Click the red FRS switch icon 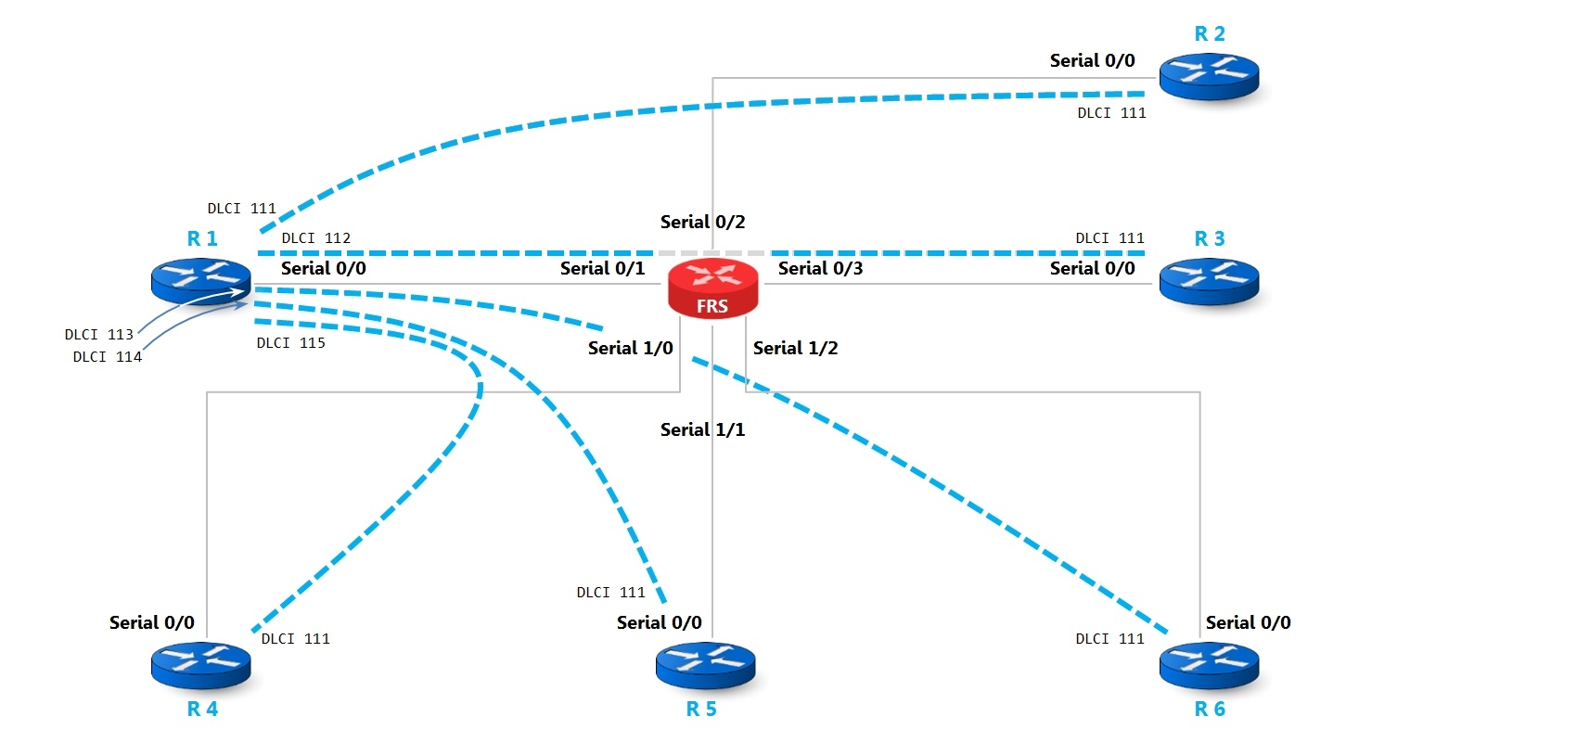pyautogui.click(x=712, y=288)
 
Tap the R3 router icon pyautogui.click(x=1209, y=281)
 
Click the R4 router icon pyautogui.click(x=201, y=666)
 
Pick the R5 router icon pyautogui.click(x=705, y=666)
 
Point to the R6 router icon pyautogui.click(x=1209, y=666)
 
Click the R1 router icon pyautogui.click(x=201, y=281)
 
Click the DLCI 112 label pyautogui.click(x=316, y=238)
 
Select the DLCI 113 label pyautogui.click(x=99, y=335)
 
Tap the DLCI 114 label pyautogui.click(x=108, y=357)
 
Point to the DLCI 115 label pyautogui.click(x=291, y=343)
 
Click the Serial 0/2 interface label pyautogui.click(x=702, y=222)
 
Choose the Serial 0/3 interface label pyautogui.click(x=820, y=268)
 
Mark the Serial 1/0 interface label pyautogui.click(x=630, y=348)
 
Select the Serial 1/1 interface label pyautogui.click(x=702, y=429)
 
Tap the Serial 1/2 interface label pyautogui.click(x=795, y=348)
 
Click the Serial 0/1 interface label pyautogui.click(x=602, y=268)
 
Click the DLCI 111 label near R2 pyautogui.click(x=1111, y=113)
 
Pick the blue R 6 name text pyautogui.click(x=1209, y=710)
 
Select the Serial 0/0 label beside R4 pyautogui.click(x=152, y=622)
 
